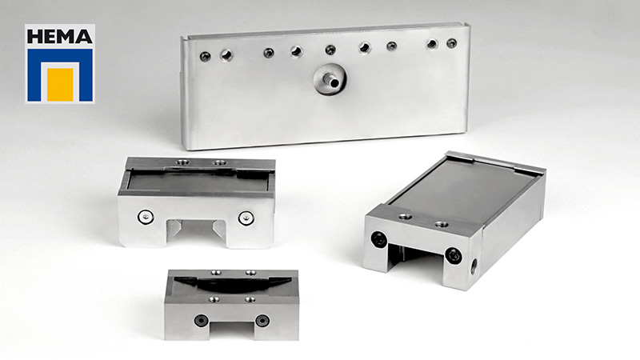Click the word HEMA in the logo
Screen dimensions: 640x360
59,36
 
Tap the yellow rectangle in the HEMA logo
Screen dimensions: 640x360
60,85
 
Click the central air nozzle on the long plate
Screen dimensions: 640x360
330,78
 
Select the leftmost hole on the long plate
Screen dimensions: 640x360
205,56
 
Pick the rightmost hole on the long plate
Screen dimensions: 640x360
451,43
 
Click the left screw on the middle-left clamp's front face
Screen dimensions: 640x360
146,217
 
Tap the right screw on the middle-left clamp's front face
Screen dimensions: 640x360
246,218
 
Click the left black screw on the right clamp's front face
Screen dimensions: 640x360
379,239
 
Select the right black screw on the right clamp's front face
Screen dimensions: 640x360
453,255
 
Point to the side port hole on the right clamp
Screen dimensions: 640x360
474,267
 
